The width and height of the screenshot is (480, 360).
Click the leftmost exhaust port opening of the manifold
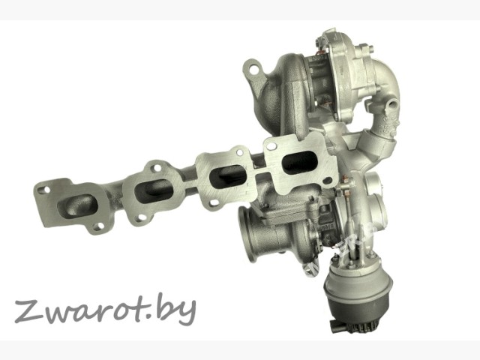point(77,206)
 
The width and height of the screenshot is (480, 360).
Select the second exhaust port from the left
point(154,191)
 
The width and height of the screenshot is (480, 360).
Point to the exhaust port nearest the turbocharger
point(298,162)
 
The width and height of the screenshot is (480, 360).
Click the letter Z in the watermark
point(29,312)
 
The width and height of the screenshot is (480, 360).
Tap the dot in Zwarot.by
point(161,318)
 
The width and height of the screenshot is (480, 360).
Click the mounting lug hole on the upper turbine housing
point(253,70)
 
